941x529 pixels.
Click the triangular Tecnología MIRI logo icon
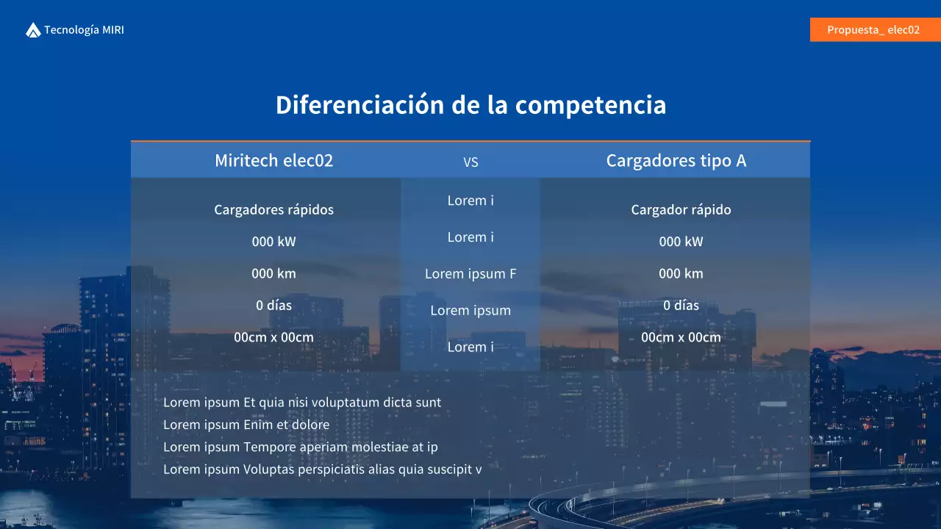point(33,30)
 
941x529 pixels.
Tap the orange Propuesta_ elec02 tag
point(873,30)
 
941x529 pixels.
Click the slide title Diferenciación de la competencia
point(470,105)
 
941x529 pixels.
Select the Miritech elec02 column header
point(273,160)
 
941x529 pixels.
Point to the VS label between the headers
point(470,162)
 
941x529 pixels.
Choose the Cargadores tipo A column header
point(676,160)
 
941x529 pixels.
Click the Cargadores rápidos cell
point(273,209)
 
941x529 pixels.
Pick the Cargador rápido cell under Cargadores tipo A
point(681,209)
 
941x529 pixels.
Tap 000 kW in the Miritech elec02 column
point(273,242)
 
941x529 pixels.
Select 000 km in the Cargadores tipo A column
point(681,273)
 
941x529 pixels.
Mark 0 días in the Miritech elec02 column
point(273,305)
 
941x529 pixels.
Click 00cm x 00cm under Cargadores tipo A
point(681,337)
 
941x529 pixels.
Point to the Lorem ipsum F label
point(470,274)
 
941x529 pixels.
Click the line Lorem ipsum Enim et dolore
point(246,425)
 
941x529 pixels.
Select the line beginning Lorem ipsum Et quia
point(302,403)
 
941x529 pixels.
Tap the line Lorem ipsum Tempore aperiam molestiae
point(301,447)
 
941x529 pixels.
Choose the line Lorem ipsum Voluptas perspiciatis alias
point(323,469)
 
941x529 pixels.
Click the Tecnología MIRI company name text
point(84,30)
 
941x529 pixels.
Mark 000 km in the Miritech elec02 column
point(273,273)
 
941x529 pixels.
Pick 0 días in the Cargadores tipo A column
point(681,305)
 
